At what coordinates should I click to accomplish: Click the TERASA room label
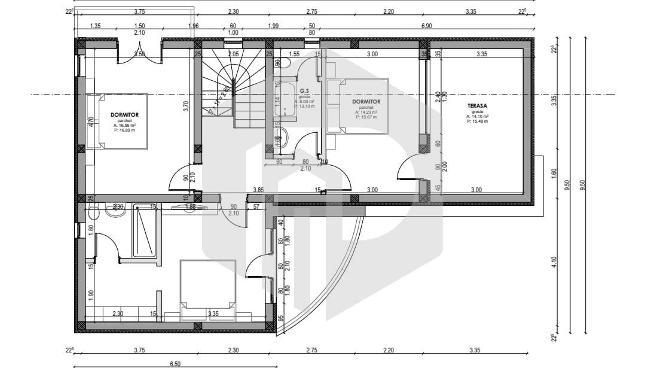[x=477, y=106]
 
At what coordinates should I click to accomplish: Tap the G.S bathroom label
[x=304, y=91]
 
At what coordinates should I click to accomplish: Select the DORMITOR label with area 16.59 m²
[x=124, y=114]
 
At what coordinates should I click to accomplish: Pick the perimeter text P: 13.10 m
[x=304, y=107]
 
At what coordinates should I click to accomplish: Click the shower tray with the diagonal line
[x=146, y=230]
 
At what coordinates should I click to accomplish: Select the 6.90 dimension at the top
[x=426, y=26]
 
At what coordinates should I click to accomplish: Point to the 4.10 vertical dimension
[x=554, y=262]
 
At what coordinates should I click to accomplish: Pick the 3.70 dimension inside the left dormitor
[x=186, y=107]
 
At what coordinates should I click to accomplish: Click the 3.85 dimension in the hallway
[x=258, y=190]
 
